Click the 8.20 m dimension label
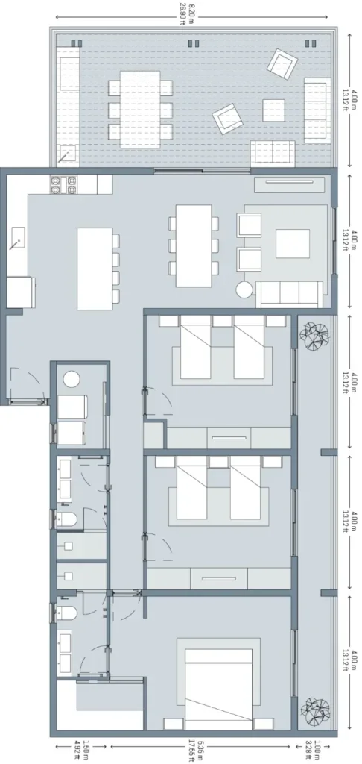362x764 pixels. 185,12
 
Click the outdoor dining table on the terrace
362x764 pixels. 140,110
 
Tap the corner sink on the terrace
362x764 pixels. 69,154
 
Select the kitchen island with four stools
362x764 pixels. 95,268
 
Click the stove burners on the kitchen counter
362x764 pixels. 64,183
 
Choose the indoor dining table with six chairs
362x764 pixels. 193,245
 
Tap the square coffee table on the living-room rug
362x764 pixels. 293,242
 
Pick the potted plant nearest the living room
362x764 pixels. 313,335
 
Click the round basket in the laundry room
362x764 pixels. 72,379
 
